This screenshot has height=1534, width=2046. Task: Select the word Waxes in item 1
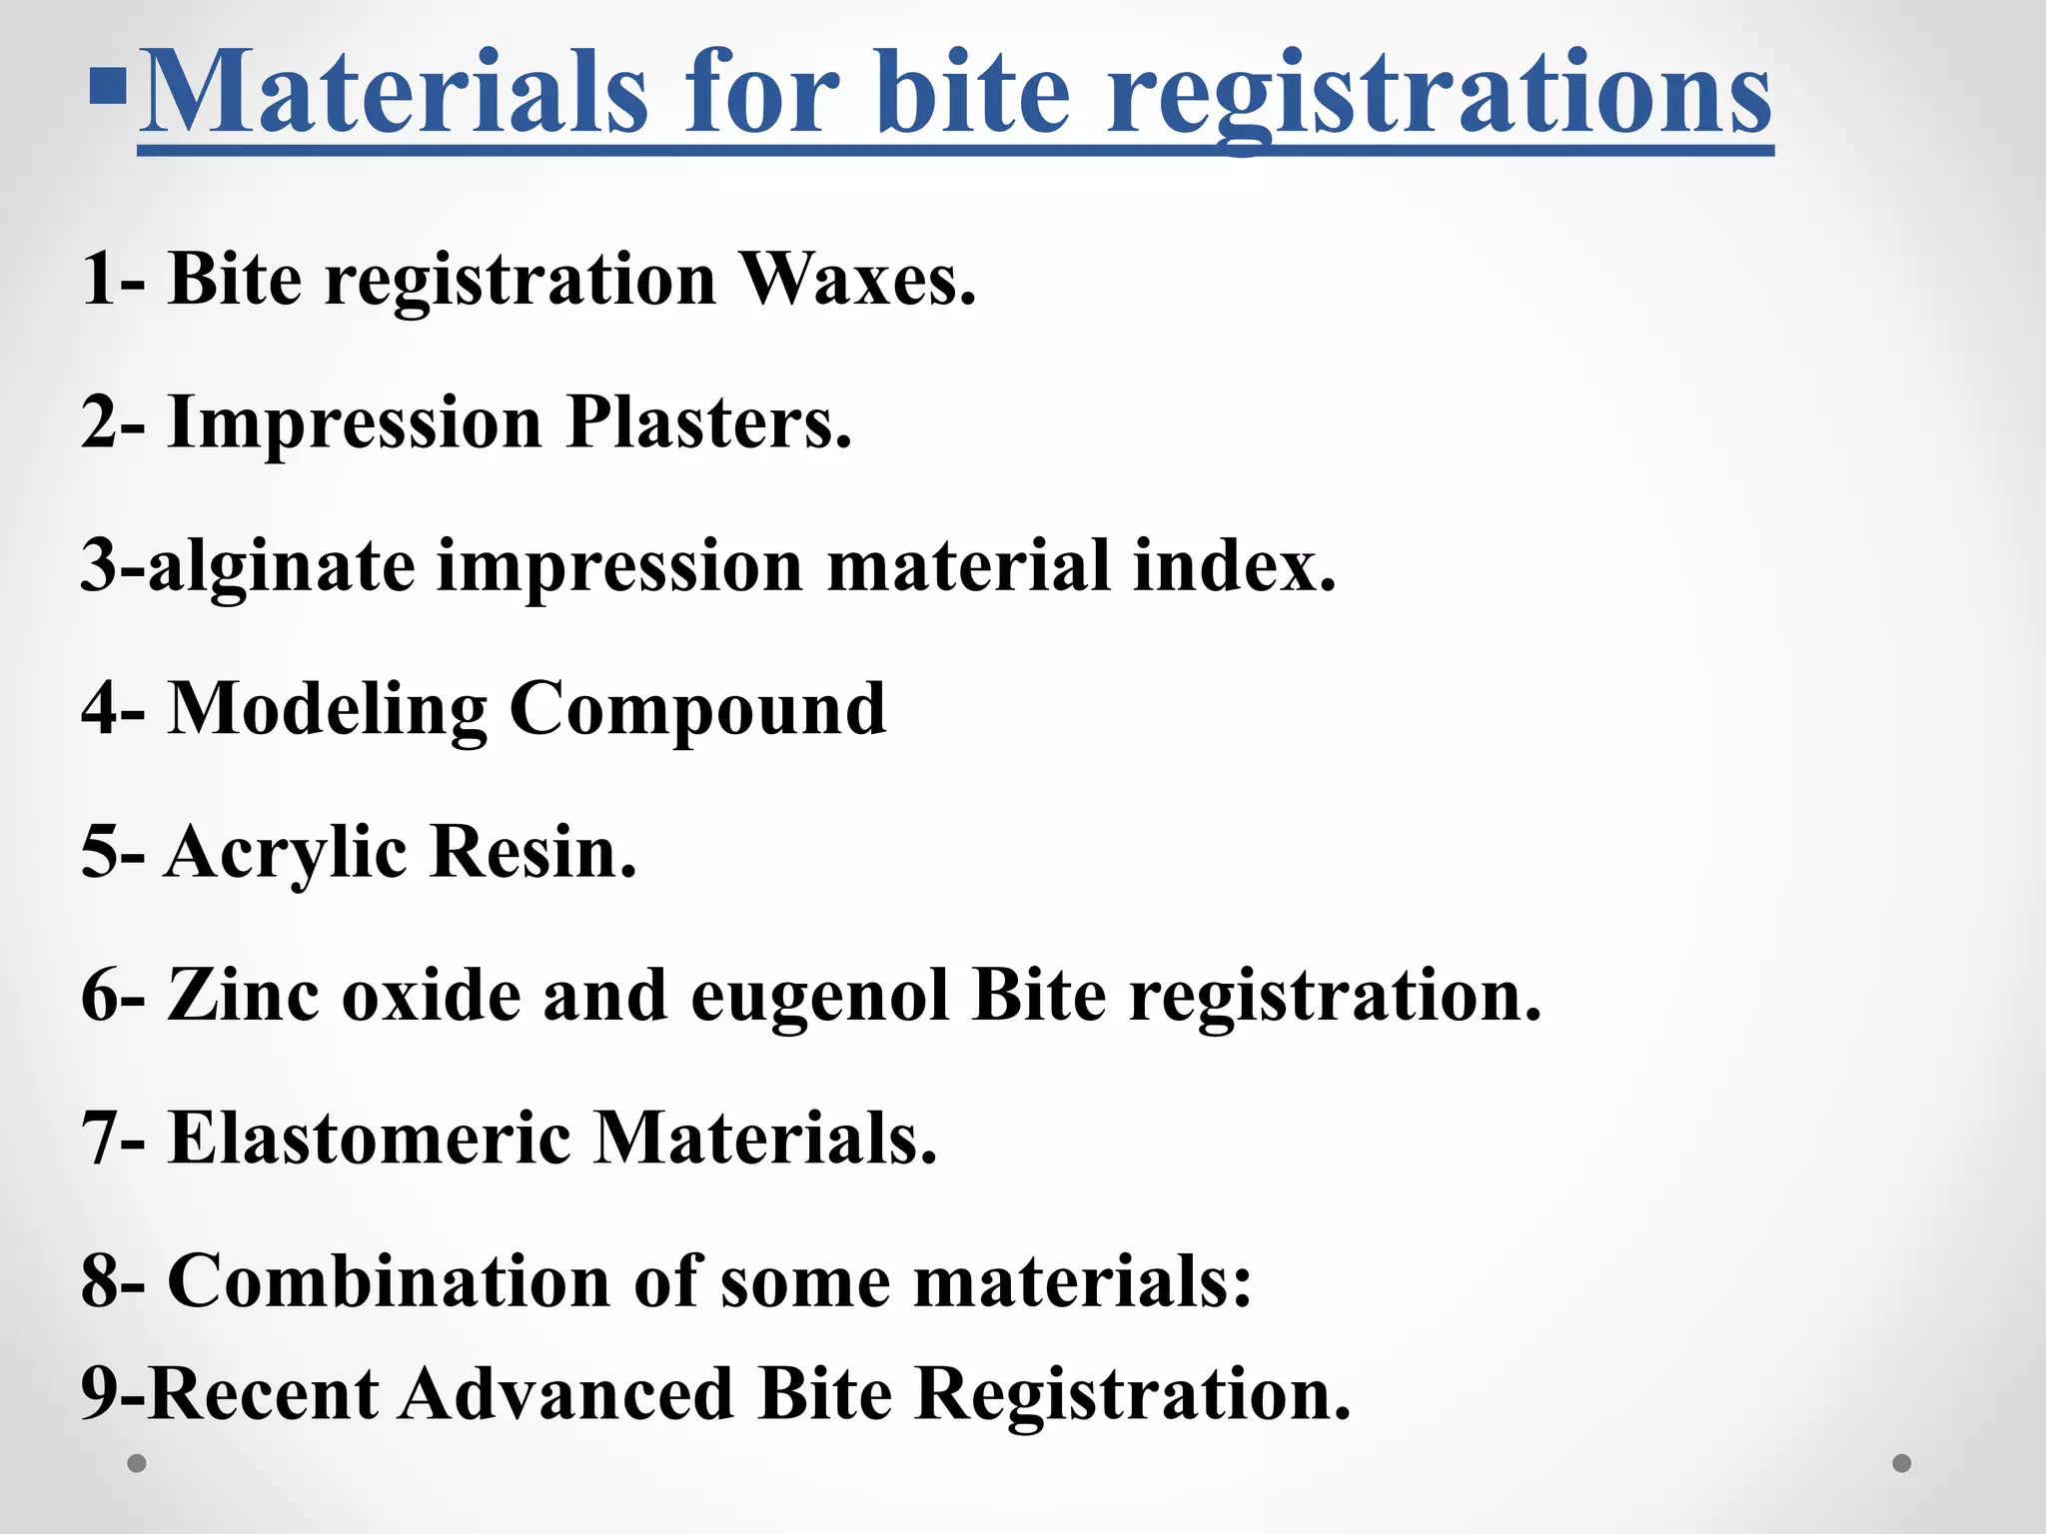[x=856, y=279]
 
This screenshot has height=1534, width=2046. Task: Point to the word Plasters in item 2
[x=708, y=422]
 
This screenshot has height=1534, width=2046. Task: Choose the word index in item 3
[x=1234, y=565]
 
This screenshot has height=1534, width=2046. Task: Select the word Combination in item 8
[x=388, y=1281]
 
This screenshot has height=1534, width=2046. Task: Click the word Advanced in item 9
[x=566, y=1394]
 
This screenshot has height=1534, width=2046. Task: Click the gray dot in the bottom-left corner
[x=137, y=1464]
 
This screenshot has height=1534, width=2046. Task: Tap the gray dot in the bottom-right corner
[x=1902, y=1464]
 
